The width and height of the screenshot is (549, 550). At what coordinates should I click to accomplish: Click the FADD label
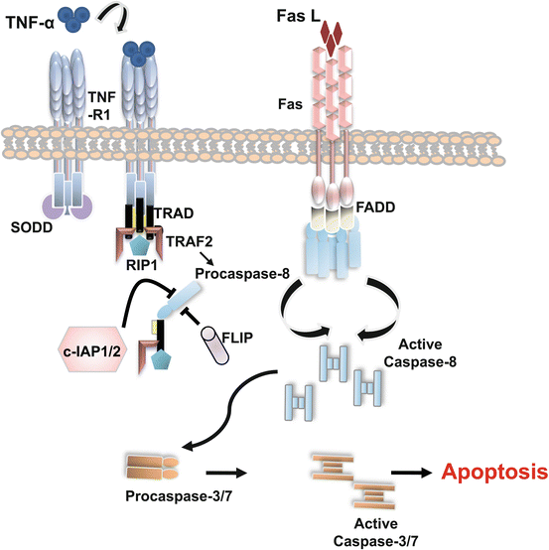point(374,211)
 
